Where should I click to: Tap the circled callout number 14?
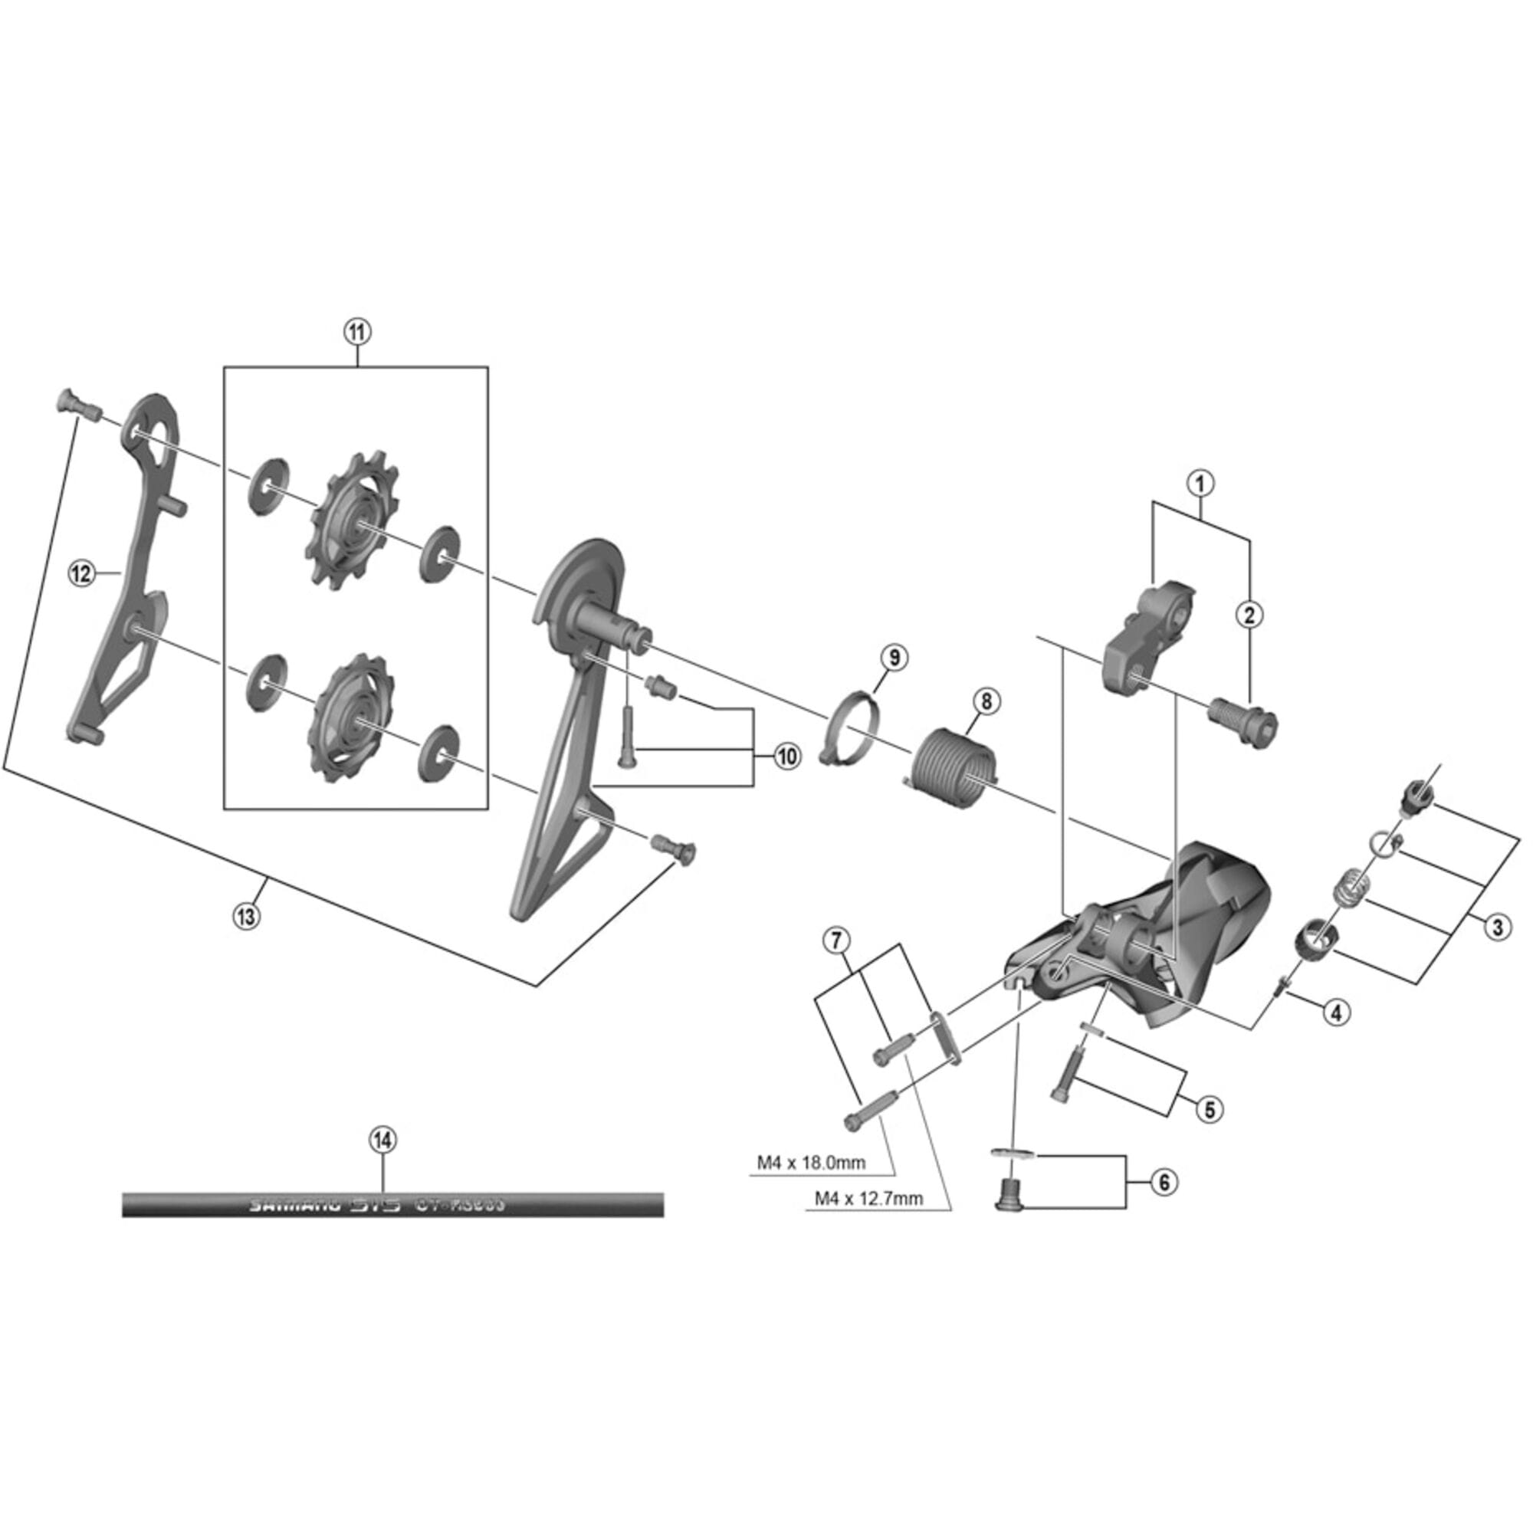point(382,1141)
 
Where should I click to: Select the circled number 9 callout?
point(895,657)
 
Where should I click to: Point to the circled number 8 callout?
point(986,701)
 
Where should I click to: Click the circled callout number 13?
point(245,917)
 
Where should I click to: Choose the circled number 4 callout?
point(1336,1012)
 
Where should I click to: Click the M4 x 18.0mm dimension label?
point(810,1164)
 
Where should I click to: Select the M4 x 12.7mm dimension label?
point(869,1199)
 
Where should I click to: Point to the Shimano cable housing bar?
point(392,1204)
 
